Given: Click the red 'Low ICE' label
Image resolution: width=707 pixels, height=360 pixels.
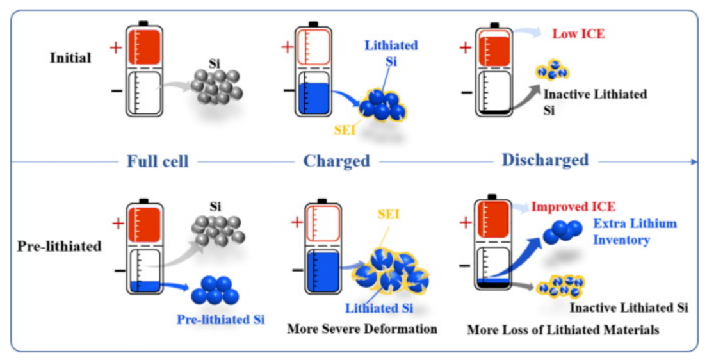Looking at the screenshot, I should click(578, 34).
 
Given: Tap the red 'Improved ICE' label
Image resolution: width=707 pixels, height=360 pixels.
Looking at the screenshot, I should click(573, 207).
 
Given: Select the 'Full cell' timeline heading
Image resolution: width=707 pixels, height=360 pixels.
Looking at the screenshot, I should click(158, 161).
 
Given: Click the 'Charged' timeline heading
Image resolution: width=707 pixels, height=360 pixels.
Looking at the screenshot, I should click(337, 161).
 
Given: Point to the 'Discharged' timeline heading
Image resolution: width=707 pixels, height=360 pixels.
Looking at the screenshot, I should click(545, 160).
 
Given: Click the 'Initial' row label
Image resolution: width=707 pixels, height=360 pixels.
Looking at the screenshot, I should click(70, 58).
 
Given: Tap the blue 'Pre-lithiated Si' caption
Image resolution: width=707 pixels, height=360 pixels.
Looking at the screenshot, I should click(220, 318).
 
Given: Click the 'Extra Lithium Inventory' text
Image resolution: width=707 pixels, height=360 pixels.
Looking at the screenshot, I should click(634, 232).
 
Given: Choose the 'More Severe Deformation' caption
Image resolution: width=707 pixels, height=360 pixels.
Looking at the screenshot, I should click(362, 329).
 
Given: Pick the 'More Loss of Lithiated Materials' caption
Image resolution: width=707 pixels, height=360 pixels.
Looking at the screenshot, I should click(562, 331).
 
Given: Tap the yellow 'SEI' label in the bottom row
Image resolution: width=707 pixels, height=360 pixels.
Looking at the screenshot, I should click(387, 214).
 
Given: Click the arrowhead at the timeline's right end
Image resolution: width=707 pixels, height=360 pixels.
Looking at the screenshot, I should click(694, 162).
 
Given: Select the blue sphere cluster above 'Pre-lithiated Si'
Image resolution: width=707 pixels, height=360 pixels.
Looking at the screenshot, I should click(215, 290).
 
